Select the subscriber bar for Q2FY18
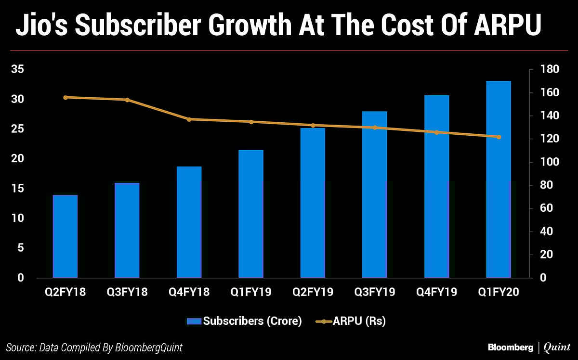tap(65, 236)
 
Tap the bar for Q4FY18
tap(189, 222)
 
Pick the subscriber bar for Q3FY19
tap(375, 194)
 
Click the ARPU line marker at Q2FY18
tap(66, 97)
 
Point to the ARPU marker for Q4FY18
tap(189, 119)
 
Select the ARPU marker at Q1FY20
tap(499, 137)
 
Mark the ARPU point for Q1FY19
tap(251, 122)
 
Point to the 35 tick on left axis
tap(17, 70)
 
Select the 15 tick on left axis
tap(17, 189)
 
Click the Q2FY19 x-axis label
tap(313, 292)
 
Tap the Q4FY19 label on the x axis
tap(437, 292)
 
